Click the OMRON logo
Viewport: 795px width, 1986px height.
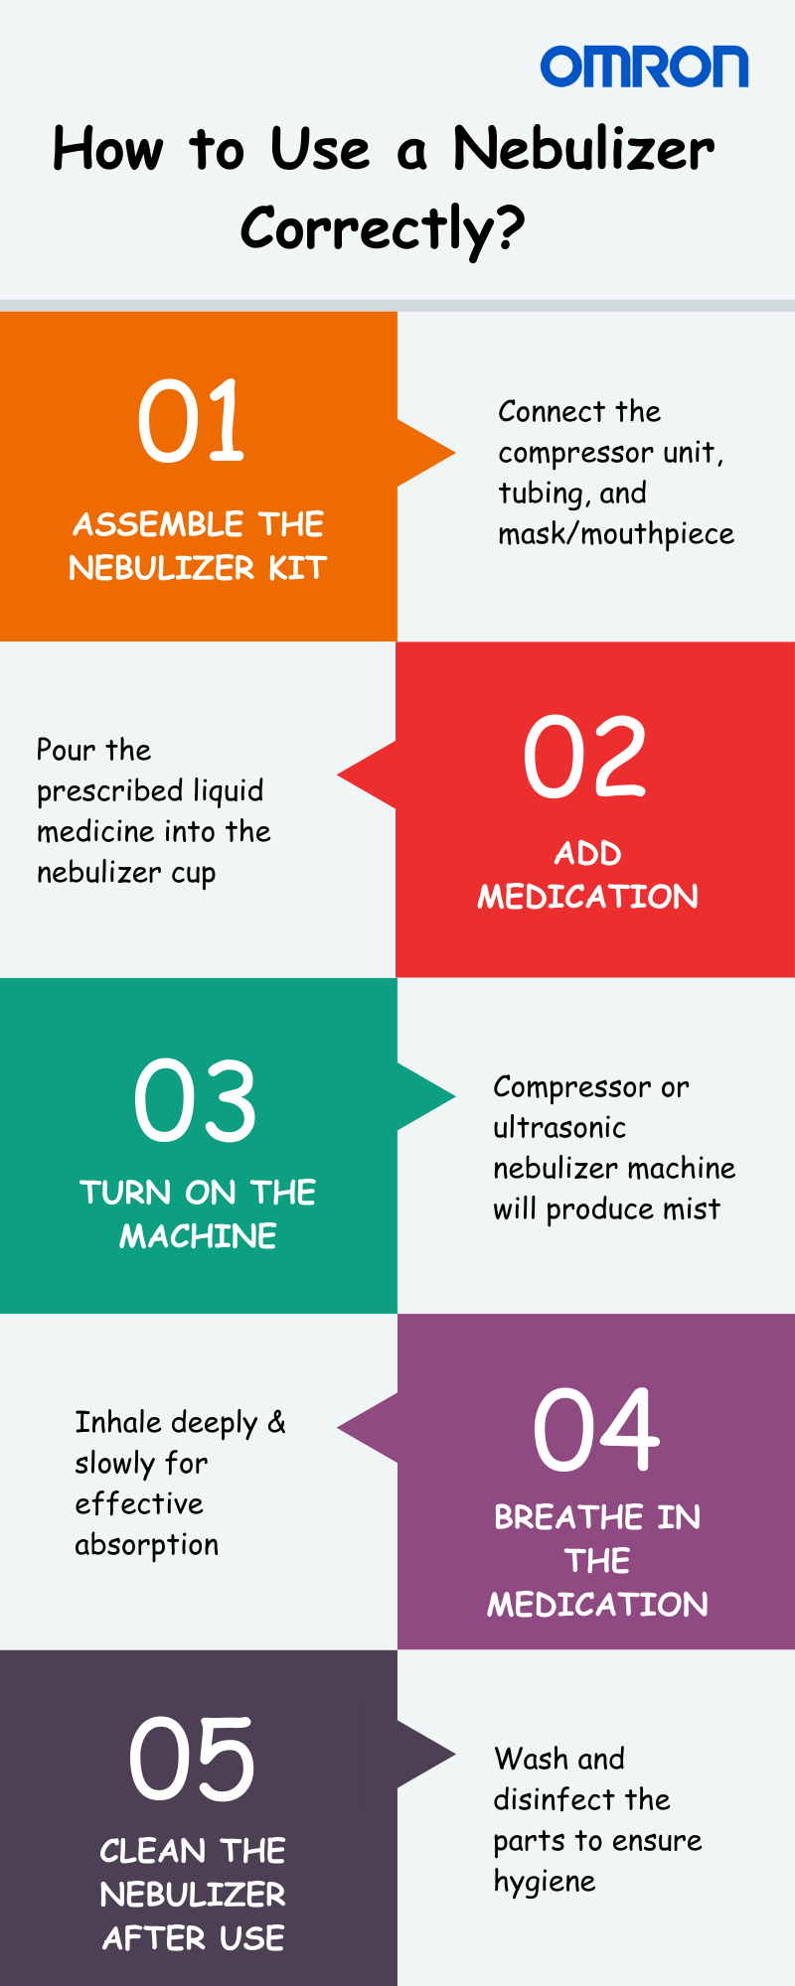click(644, 67)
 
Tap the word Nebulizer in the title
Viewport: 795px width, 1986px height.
click(583, 149)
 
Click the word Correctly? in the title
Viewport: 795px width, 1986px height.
click(383, 229)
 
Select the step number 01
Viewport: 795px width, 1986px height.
click(191, 421)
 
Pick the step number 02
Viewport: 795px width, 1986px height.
click(585, 758)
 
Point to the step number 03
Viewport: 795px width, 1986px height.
click(196, 1100)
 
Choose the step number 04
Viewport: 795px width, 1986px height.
click(596, 1430)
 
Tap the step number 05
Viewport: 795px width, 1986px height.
click(192, 1760)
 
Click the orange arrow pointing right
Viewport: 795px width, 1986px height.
click(426, 454)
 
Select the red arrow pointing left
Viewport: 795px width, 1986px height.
click(367, 776)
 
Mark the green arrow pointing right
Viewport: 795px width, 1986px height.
click(426, 1097)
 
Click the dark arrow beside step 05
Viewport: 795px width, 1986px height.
click(426, 1755)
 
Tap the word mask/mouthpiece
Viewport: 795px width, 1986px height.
click(616, 534)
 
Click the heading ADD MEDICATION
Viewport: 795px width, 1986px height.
click(588, 875)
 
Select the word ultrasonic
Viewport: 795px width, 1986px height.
click(559, 1128)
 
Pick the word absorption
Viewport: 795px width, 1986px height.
click(147, 1546)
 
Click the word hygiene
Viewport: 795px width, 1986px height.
click(545, 1883)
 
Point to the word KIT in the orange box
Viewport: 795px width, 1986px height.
click(297, 568)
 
